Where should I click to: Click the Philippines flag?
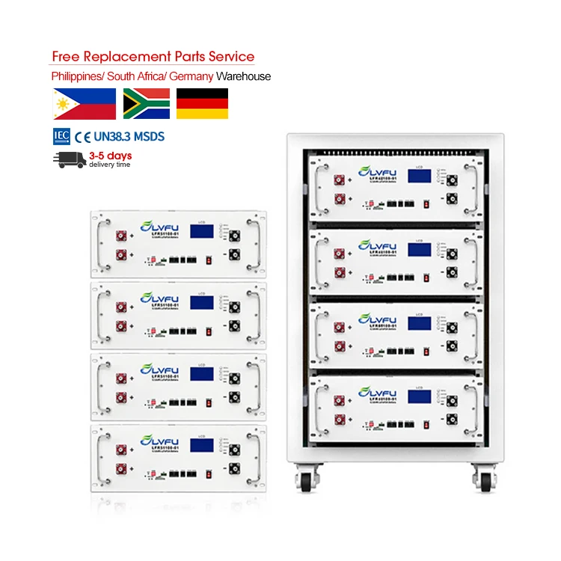tap(85, 104)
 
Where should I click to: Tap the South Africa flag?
tap(146, 104)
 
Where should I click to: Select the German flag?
tap(202, 104)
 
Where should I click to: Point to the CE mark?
tap(81, 137)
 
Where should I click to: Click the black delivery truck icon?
tap(69, 159)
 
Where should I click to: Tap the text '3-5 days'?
tap(110, 156)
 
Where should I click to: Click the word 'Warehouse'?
tap(245, 76)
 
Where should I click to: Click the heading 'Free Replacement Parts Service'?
tap(153, 57)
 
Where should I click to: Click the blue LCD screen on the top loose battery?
tap(202, 231)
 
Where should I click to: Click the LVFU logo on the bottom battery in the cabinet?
tap(377, 393)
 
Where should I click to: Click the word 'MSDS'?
tap(150, 137)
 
